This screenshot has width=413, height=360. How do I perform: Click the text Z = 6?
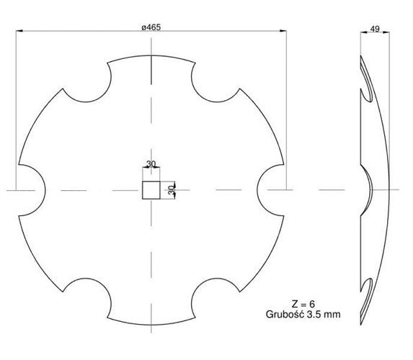(303, 305)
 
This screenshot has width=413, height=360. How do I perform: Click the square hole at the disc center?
(151, 190)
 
